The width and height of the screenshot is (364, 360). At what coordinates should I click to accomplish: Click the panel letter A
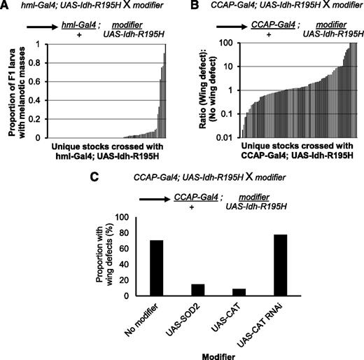[6, 6]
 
